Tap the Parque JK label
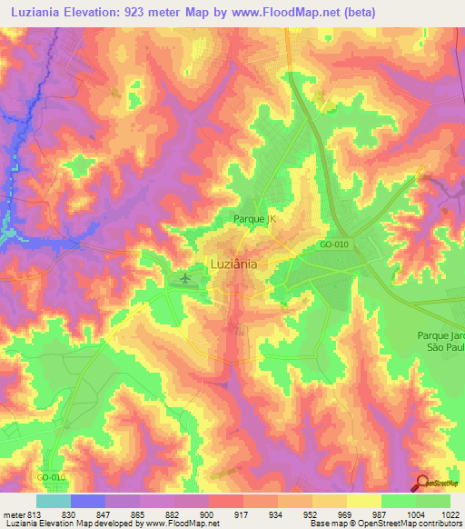coord(250,219)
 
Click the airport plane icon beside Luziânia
coord(184,277)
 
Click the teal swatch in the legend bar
coord(53,501)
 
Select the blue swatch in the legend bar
coord(87,501)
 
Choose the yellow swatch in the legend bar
coord(362,501)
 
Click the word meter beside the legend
coord(13,514)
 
